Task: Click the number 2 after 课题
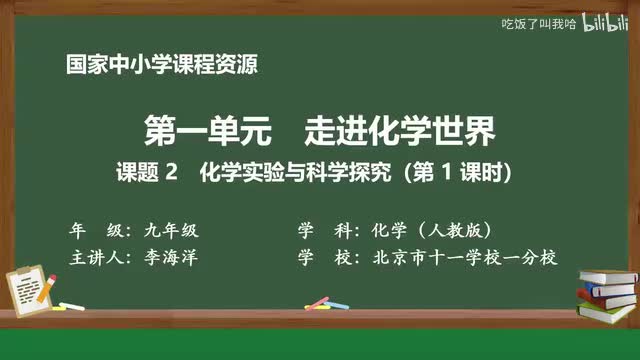[x=171, y=172]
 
